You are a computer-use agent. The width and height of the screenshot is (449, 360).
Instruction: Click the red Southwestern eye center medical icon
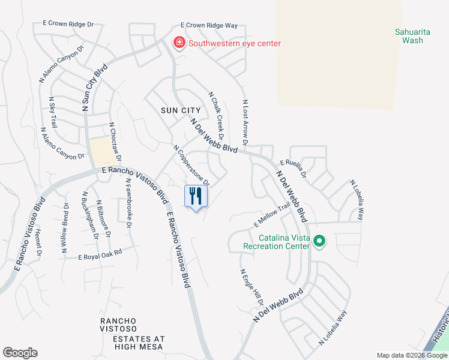click(178, 43)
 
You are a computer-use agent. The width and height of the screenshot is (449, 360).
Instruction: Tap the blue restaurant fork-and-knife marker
click(196, 196)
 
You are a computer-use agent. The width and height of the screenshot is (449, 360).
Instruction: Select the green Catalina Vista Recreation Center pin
click(319, 242)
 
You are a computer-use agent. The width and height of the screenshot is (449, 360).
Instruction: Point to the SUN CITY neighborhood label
click(181, 110)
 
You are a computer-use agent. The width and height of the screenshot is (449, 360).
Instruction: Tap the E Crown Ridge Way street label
click(209, 26)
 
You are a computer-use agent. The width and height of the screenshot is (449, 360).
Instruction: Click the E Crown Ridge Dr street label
click(68, 24)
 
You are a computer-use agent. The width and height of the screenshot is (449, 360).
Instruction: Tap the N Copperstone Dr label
click(191, 165)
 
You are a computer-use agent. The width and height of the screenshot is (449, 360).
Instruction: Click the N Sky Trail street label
click(53, 112)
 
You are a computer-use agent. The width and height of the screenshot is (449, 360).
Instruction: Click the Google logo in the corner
click(20, 353)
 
